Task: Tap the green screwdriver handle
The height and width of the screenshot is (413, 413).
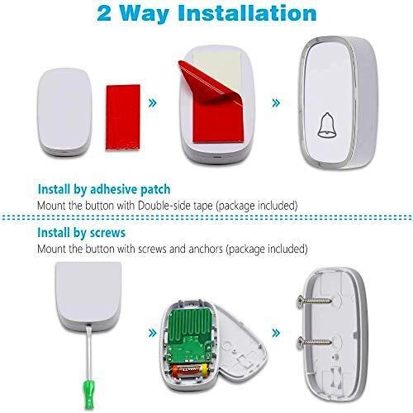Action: pos(89,394)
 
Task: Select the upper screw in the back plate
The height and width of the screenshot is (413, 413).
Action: pos(314,300)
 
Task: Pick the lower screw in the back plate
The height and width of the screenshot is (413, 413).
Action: pos(314,342)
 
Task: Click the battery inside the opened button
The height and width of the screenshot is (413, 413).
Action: pos(189,370)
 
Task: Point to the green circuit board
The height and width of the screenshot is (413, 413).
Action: pos(190,335)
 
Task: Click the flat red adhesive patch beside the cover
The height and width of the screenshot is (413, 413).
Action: pos(123,117)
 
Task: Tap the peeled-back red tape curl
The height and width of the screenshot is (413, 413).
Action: pos(211,82)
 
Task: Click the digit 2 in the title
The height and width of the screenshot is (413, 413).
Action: pos(104,13)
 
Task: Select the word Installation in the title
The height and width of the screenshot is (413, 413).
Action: pos(247,12)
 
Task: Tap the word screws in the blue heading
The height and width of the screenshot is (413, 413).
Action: pos(107,233)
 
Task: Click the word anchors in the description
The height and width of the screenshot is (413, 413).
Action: pos(206,249)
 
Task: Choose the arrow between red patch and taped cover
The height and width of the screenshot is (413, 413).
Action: pos(153,103)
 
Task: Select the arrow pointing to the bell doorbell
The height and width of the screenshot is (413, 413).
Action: pos(276,103)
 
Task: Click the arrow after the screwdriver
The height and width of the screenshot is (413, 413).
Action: pos(153,333)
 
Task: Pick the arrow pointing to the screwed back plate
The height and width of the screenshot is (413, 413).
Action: pos(276,333)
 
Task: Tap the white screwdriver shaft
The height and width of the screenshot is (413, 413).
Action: pos(89,353)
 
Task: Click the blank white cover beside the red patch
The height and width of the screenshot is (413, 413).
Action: pos(64,112)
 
